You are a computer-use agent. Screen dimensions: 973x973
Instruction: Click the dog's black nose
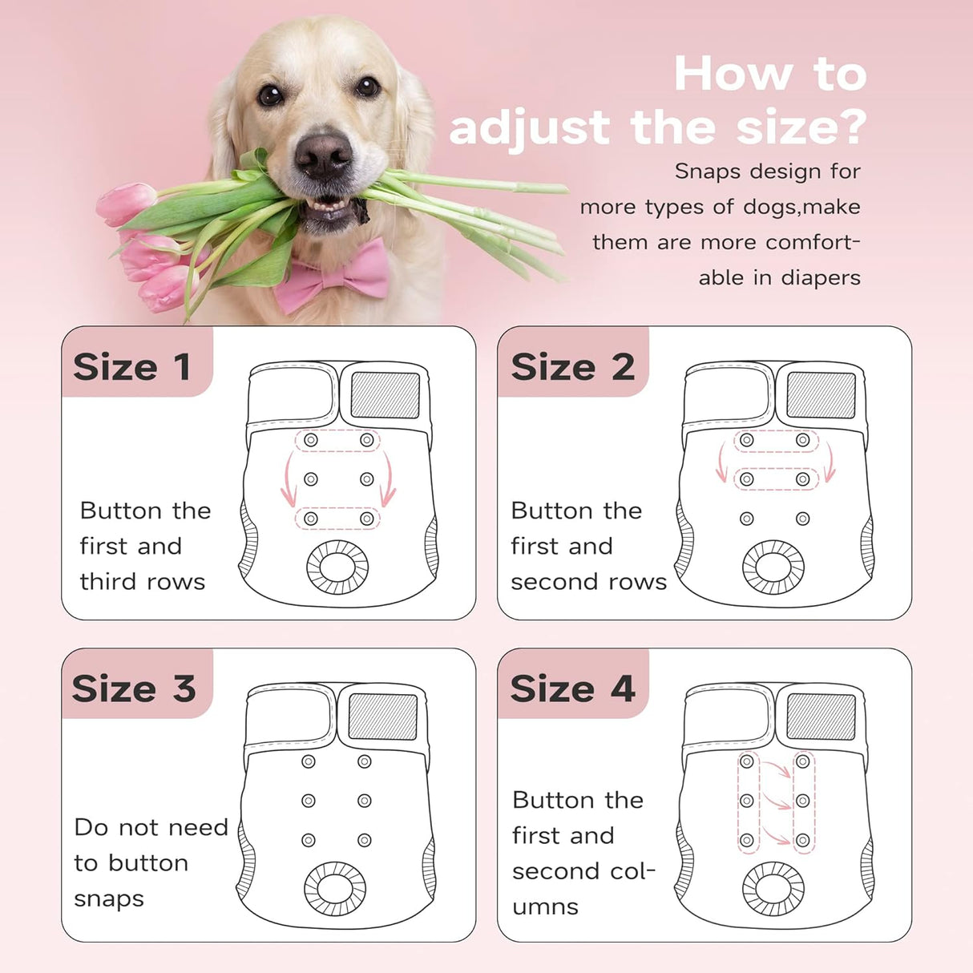[x=323, y=154]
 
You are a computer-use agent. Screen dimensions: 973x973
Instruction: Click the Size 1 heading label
[x=132, y=367]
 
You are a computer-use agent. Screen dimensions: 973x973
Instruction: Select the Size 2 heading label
[x=572, y=367]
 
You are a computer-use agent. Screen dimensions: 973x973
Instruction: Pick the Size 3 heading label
[x=133, y=688]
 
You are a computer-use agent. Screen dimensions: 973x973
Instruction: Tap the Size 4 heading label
[x=572, y=688]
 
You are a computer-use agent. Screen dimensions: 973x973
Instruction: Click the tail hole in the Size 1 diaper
[x=338, y=567]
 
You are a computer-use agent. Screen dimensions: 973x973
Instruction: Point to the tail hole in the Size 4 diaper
[x=773, y=888]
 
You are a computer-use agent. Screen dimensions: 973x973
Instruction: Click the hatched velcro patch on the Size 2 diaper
[x=821, y=395]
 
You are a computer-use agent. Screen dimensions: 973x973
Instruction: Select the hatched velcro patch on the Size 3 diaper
[x=383, y=717]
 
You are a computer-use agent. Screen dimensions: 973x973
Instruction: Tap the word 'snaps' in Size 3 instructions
[x=109, y=898]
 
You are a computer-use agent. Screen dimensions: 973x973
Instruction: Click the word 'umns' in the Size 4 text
[x=545, y=906]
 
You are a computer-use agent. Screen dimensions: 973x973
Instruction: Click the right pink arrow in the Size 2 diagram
[x=830, y=463]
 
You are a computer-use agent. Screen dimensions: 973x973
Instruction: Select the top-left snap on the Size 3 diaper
[x=309, y=761]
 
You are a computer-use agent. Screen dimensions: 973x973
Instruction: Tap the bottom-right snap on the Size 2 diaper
[x=802, y=519]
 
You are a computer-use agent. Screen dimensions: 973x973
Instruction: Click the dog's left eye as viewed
[x=270, y=95]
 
